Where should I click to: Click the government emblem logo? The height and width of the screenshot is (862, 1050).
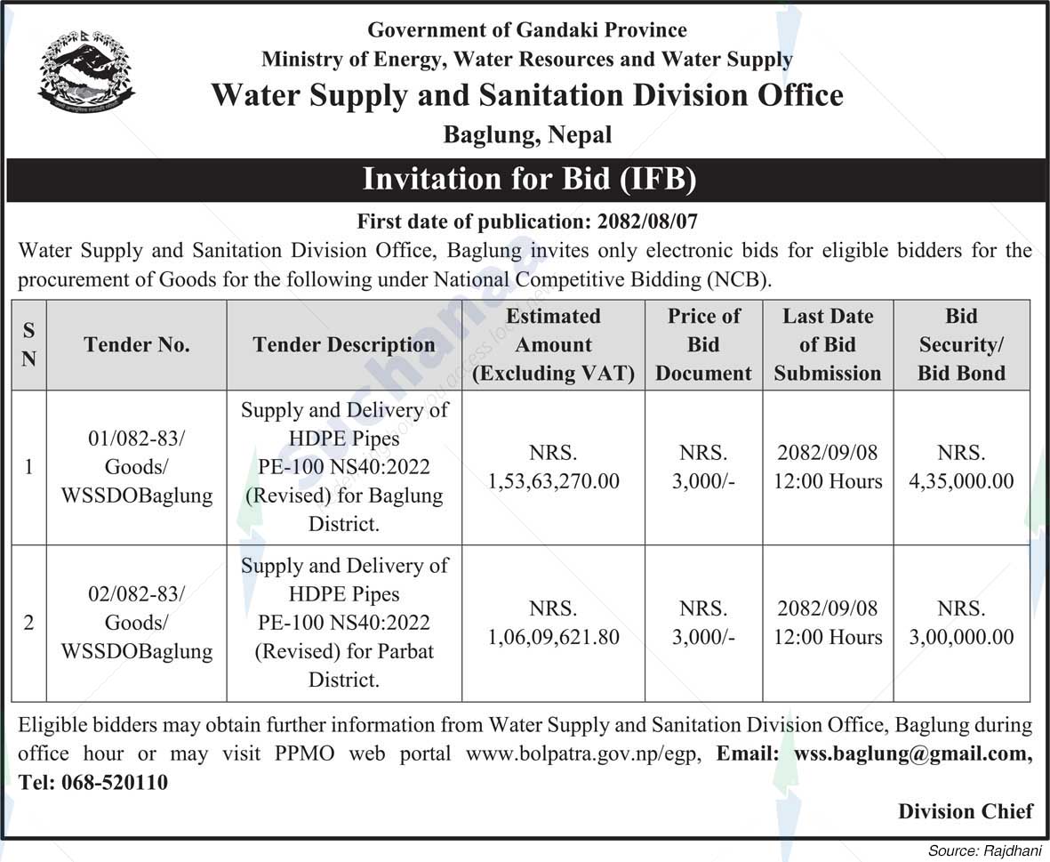(86, 71)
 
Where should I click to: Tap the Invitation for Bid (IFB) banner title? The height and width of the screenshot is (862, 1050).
(529, 180)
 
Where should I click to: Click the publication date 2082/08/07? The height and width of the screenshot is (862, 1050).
(662, 220)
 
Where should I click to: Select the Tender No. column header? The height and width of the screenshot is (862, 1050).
(137, 345)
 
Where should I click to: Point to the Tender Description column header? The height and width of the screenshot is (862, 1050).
(344, 345)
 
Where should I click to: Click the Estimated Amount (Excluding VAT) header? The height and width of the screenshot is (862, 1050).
(553, 345)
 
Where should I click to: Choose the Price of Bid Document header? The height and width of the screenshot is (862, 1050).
(703, 345)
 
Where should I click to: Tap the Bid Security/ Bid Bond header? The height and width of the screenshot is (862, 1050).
(961, 345)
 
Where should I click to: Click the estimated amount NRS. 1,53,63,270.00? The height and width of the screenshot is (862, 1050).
(553, 468)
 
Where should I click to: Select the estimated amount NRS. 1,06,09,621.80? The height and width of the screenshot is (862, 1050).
(553, 624)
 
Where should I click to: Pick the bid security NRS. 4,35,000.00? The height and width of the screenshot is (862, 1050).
(961, 468)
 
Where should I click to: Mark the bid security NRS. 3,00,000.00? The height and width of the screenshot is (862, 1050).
(961, 624)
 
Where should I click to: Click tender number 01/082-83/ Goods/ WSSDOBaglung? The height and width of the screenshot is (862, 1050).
(137, 467)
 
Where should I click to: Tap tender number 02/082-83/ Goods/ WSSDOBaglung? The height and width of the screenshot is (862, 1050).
(137, 623)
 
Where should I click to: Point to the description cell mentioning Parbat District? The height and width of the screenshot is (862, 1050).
(344, 623)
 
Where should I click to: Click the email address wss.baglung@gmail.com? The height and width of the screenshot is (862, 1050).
(912, 754)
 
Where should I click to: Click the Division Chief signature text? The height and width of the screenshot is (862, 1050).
(965, 811)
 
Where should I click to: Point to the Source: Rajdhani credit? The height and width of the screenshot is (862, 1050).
(984, 851)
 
